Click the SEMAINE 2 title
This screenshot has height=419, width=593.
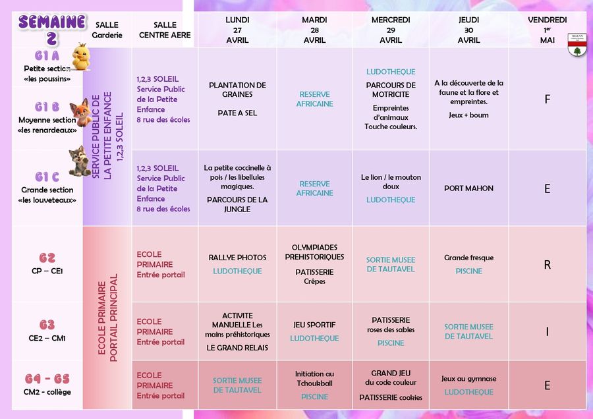tap(52, 29)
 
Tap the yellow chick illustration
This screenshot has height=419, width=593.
tap(81, 57)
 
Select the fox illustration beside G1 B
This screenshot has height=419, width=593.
tap(80, 112)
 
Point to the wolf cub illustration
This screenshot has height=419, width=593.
tap(80, 161)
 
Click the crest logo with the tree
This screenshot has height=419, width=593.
tap(577, 46)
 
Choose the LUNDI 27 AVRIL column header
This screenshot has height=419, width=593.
tap(237, 30)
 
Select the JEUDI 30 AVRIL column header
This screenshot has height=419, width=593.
tap(468, 30)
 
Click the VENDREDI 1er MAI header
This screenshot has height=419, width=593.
tap(547, 30)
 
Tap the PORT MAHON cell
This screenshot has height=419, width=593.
tap(468, 188)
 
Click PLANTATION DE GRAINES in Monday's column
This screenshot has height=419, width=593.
tap(237, 90)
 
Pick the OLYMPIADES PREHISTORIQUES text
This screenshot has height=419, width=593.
tap(314, 252)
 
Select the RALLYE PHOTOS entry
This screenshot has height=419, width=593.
tap(237, 258)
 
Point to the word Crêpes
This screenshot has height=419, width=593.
tap(314, 281)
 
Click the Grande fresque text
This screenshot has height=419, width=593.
tap(468, 258)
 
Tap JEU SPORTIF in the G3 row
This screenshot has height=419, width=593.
tap(314, 325)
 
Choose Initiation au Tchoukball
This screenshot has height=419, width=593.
tap(314, 379)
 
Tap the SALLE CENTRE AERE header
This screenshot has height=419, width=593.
tap(165, 30)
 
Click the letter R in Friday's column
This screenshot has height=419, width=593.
tap(547, 265)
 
